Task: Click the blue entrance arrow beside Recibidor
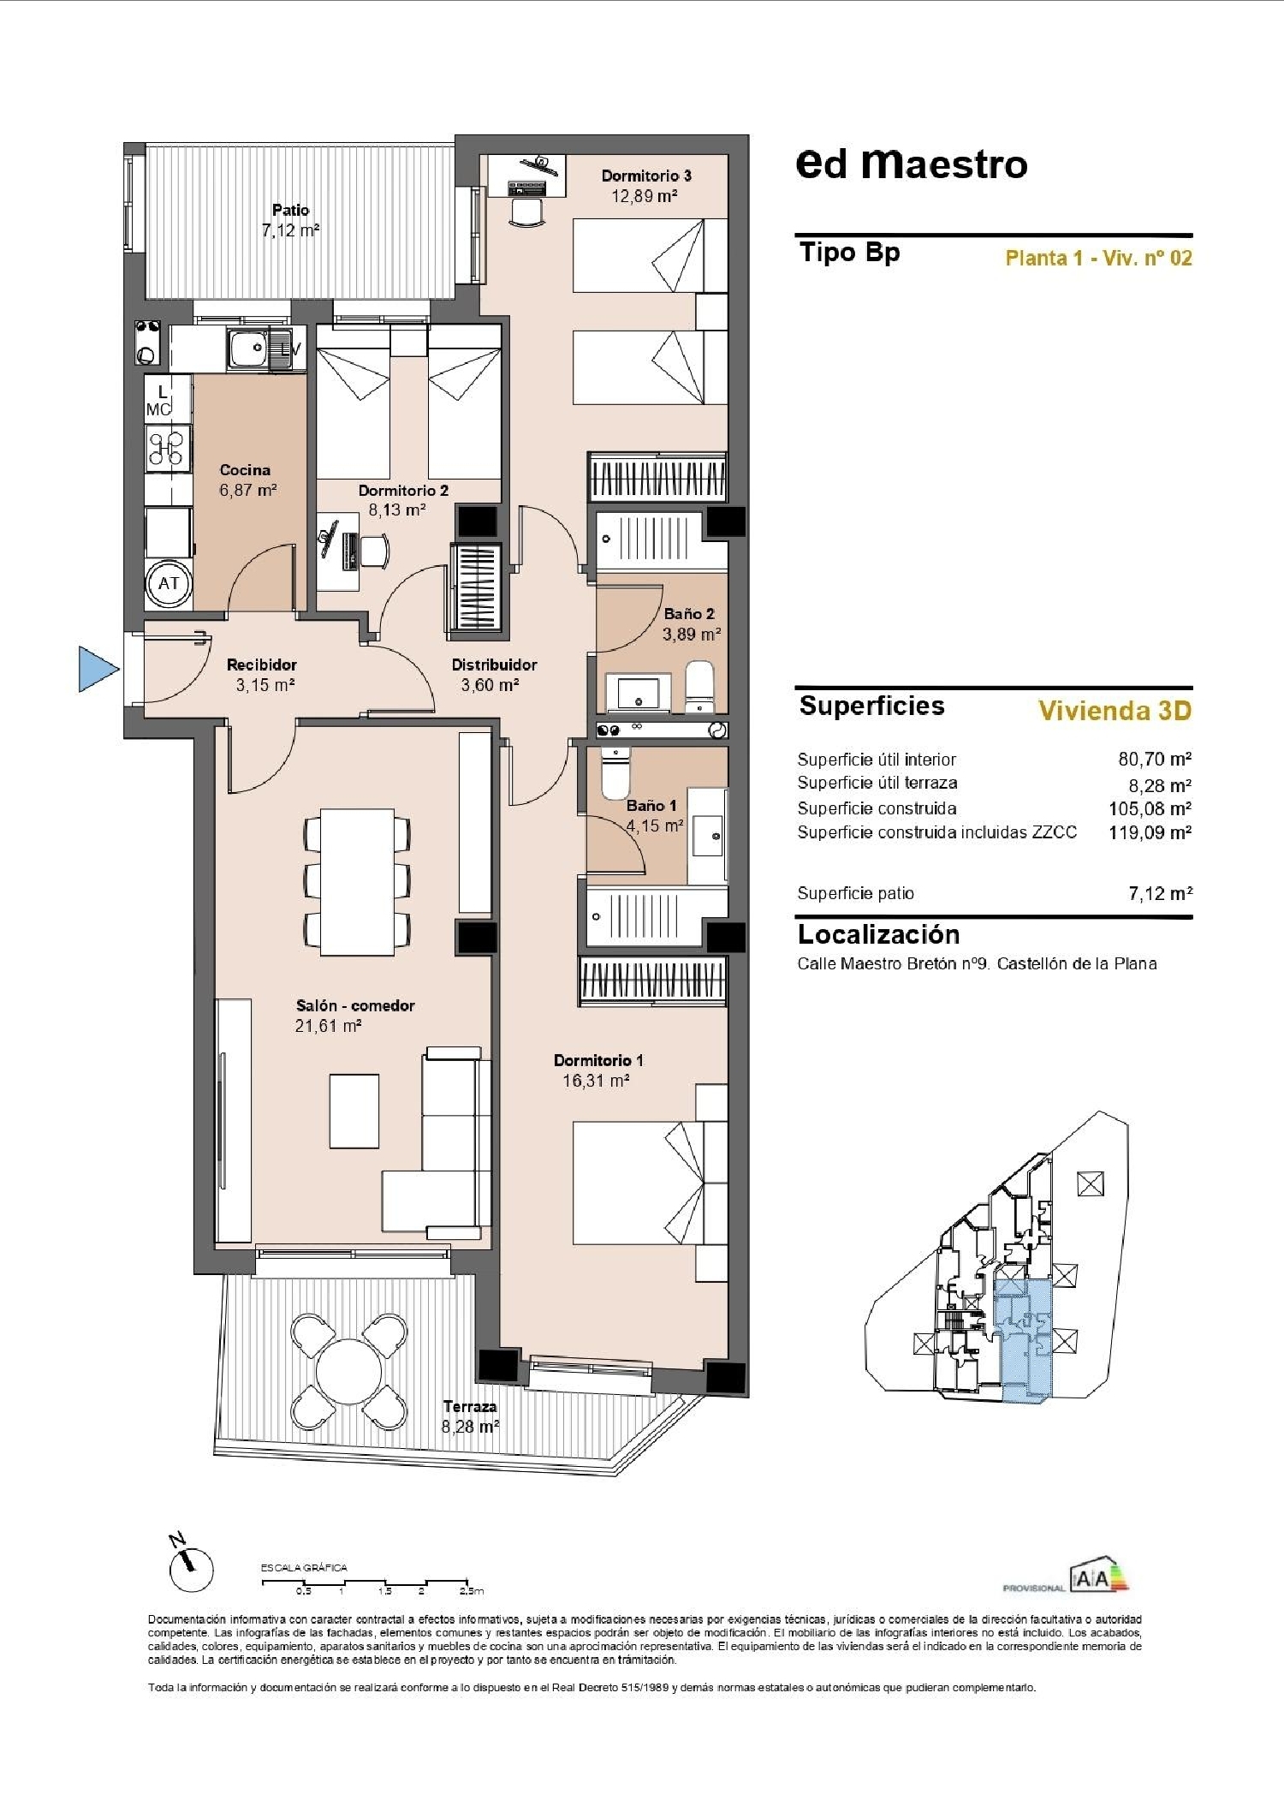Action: point(97,668)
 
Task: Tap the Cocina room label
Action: point(245,469)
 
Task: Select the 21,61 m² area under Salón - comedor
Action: point(328,1026)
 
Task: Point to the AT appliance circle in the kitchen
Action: point(169,583)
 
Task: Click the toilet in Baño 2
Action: point(700,685)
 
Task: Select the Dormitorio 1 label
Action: point(597,1060)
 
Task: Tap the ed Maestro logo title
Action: point(911,164)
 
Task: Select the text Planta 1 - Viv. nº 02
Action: point(1098,258)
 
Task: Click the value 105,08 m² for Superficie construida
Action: point(1150,808)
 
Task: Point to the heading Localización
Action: point(878,934)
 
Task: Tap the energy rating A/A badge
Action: point(1098,1577)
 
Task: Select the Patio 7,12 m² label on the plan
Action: point(291,220)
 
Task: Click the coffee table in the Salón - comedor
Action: point(354,1111)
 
